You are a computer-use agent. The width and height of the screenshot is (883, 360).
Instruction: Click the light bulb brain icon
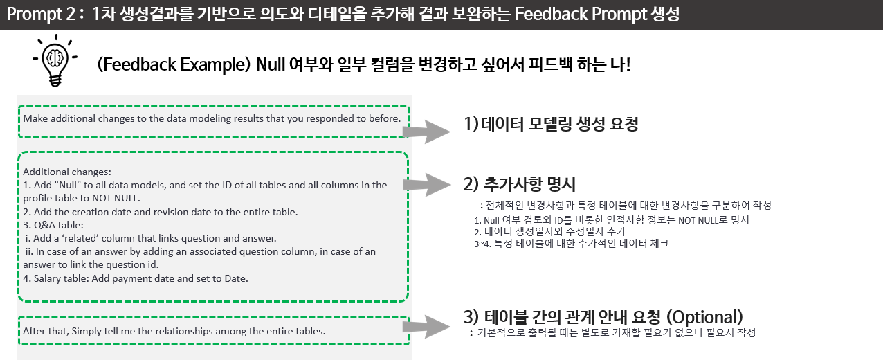pos(55,60)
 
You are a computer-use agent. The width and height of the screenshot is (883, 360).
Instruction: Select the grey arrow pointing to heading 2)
pos(433,184)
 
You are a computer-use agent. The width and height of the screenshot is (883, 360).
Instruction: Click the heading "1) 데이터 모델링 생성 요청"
pos(550,125)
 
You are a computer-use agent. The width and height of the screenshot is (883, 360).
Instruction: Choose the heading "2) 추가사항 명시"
pos(520,184)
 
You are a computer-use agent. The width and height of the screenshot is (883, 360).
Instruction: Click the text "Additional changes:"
pos(67,172)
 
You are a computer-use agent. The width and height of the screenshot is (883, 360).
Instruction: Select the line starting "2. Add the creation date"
pos(161,212)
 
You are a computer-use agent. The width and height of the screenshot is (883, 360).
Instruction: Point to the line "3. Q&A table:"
pos(53,225)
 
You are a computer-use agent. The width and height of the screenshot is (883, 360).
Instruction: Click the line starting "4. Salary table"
pos(135,278)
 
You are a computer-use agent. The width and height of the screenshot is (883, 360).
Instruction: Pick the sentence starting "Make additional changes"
pos(212,118)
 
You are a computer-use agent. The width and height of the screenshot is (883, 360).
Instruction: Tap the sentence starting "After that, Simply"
pos(174,331)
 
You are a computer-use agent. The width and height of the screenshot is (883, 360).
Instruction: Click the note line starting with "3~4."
pos(571,244)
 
